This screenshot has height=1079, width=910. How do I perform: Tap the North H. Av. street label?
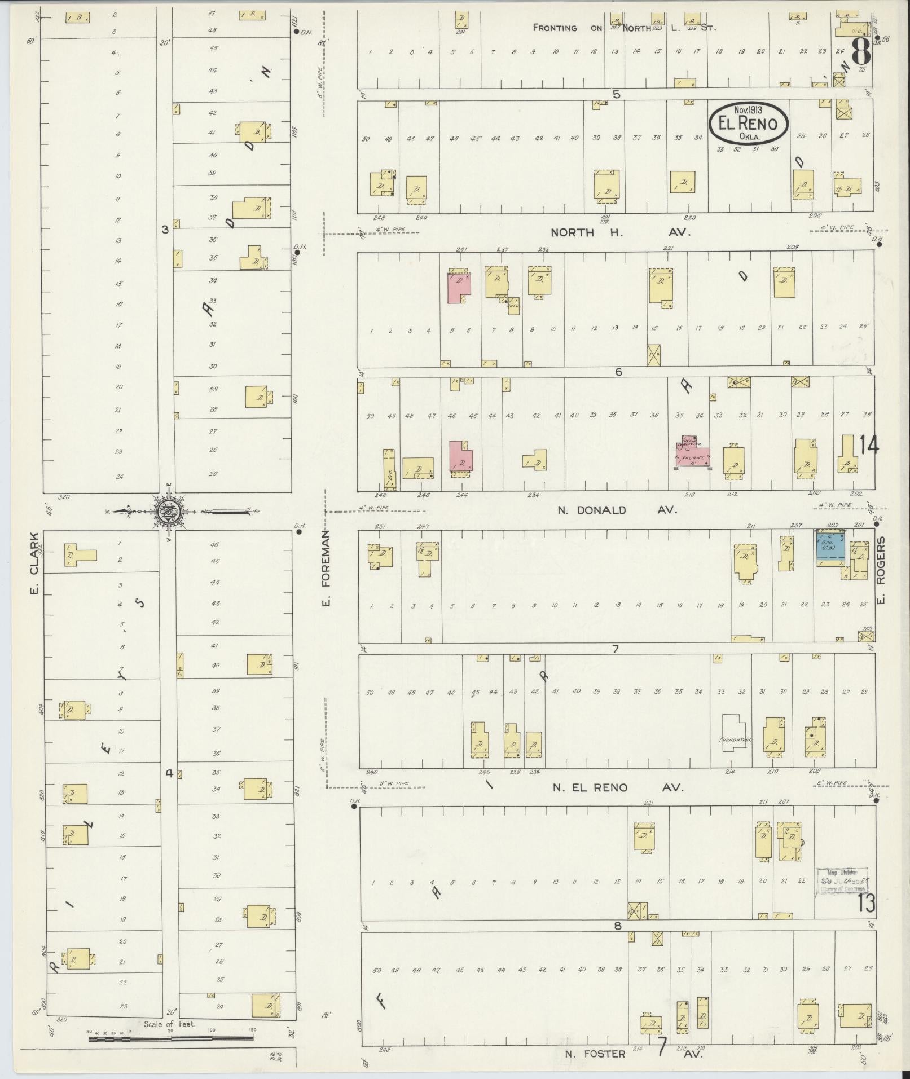tap(620, 232)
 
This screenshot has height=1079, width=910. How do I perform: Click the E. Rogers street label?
tap(882, 569)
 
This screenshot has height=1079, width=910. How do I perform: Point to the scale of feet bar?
tap(170, 1038)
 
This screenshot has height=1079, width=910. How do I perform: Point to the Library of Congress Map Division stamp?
tap(842, 895)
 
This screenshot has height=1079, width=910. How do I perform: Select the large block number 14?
tap(868, 446)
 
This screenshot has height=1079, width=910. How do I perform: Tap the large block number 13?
tap(866, 903)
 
